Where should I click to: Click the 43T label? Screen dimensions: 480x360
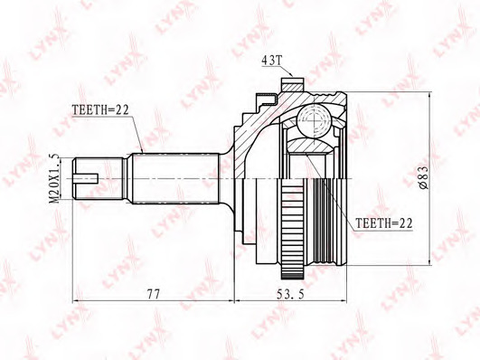coord(271,60)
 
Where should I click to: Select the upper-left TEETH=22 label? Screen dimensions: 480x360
coord(100,110)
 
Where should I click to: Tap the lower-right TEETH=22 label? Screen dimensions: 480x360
coord(384,223)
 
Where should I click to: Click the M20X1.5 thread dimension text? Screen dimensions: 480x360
coord(55,178)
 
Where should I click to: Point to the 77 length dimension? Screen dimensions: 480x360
coord(154,295)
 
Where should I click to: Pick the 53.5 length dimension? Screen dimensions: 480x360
coord(290,295)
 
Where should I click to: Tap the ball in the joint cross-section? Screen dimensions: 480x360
coord(315,119)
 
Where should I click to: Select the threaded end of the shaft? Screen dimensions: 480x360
coord(98,178)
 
